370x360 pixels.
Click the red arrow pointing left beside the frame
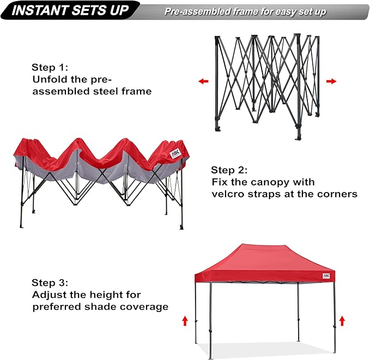[203, 81]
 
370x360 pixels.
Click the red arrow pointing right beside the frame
[331, 81]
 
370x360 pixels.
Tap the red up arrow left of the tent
[185, 321]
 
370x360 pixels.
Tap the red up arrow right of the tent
[342, 320]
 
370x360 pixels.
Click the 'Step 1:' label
[50, 68]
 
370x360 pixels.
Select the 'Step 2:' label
[229, 170]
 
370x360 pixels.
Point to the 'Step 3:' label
[50, 283]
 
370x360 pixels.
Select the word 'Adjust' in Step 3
[47, 295]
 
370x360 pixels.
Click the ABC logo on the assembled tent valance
[326, 275]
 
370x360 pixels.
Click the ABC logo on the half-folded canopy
[175, 154]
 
